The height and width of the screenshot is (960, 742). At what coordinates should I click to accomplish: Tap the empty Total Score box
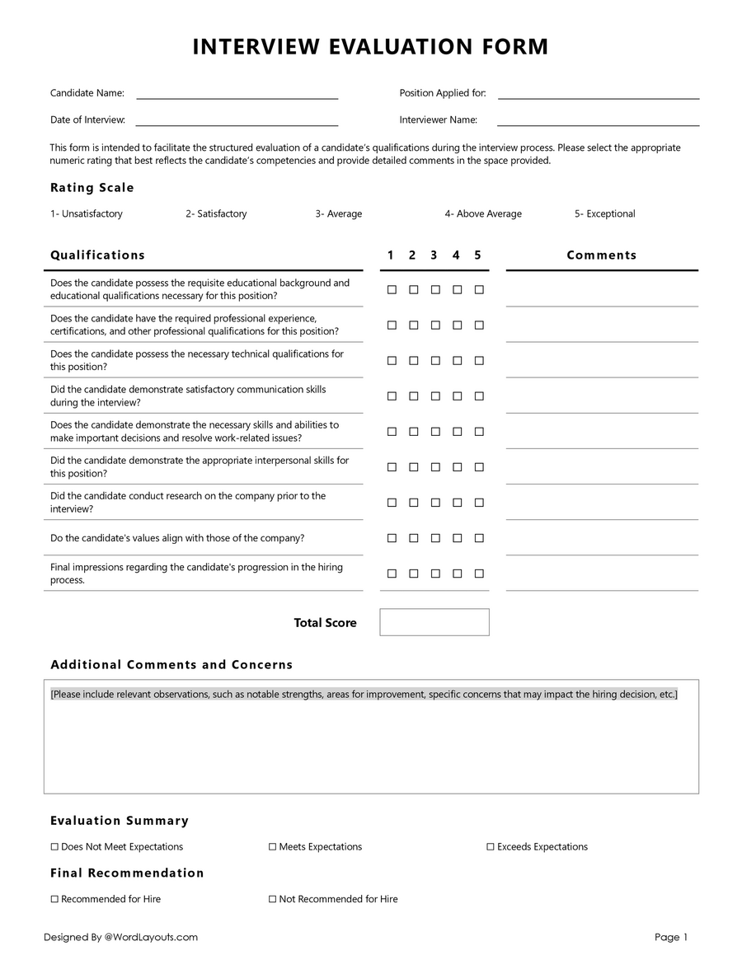(x=434, y=622)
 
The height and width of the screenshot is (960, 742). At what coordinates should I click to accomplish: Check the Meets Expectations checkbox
(x=272, y=847)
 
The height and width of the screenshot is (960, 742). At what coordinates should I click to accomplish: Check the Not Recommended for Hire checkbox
(x=272, y=900)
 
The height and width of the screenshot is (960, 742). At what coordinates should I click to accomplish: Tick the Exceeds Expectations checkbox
(x=490, y=847)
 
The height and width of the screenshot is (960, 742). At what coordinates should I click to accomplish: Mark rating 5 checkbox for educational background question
(x=479, y=290)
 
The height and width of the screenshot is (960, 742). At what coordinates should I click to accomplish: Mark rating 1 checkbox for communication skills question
(x=392, y=396)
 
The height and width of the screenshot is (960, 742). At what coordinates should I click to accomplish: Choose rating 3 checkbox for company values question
(x=435, y=538)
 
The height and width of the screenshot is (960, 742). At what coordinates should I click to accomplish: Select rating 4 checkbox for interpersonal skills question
(x=458, y=467)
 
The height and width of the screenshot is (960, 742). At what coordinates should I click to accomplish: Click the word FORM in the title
(x=515, y=47)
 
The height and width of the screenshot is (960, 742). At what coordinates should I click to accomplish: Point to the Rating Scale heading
(x=92, y=188)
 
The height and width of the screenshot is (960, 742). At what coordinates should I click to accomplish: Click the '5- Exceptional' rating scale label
(x=604, y=214)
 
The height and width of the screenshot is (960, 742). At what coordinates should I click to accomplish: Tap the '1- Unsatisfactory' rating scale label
(x=86, y=214)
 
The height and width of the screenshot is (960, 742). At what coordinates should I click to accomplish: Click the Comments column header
(x=601, y=255)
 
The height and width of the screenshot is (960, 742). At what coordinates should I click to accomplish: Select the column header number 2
(x=412, y=255)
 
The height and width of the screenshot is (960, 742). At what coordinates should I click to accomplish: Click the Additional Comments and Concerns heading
(x=171, y=665)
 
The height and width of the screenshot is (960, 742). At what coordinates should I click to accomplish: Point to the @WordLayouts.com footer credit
(x=151, y=938)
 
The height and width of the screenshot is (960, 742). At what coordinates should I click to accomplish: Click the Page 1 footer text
(x=670, y=938)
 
